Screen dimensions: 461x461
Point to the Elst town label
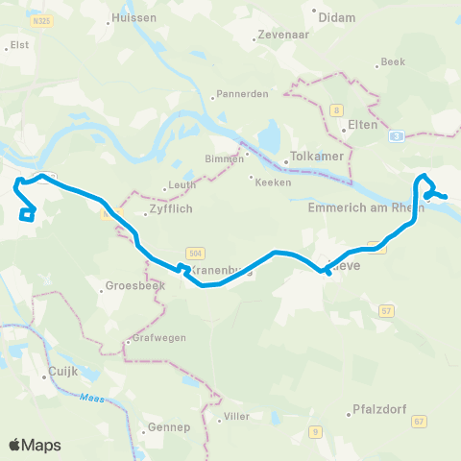click(19, 44)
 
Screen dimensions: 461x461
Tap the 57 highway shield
click(387, 311)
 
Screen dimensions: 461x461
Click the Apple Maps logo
click(35, 445)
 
